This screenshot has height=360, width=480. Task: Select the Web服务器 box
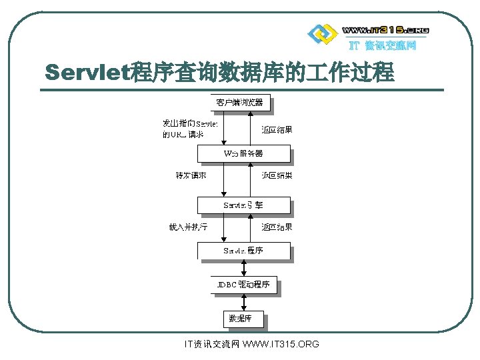tap(243, 154)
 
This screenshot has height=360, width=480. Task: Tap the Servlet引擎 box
tap(243, 205)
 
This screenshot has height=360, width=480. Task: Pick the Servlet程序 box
tap(243, 251)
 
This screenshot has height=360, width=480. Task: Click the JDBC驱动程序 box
tap(243, 285)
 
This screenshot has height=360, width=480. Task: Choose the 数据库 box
tap(243, 319)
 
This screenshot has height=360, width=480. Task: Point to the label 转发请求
tap(191, 176)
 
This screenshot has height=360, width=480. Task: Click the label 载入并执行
tap(189, 227)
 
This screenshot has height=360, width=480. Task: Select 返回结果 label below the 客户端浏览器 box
tap(277, 130)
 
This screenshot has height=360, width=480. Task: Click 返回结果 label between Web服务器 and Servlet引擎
tap(277, 176)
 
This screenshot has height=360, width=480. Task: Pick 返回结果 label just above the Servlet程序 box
tap(277, 227)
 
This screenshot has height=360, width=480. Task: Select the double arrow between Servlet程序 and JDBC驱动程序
tap(244, 267)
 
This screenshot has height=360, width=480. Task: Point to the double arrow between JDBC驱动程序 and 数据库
tap(244, 302)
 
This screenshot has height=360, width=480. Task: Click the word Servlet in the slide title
tap(89, 72)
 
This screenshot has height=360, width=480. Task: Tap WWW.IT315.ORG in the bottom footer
tap(281, 344)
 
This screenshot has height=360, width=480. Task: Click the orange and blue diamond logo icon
tap(321, 33)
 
